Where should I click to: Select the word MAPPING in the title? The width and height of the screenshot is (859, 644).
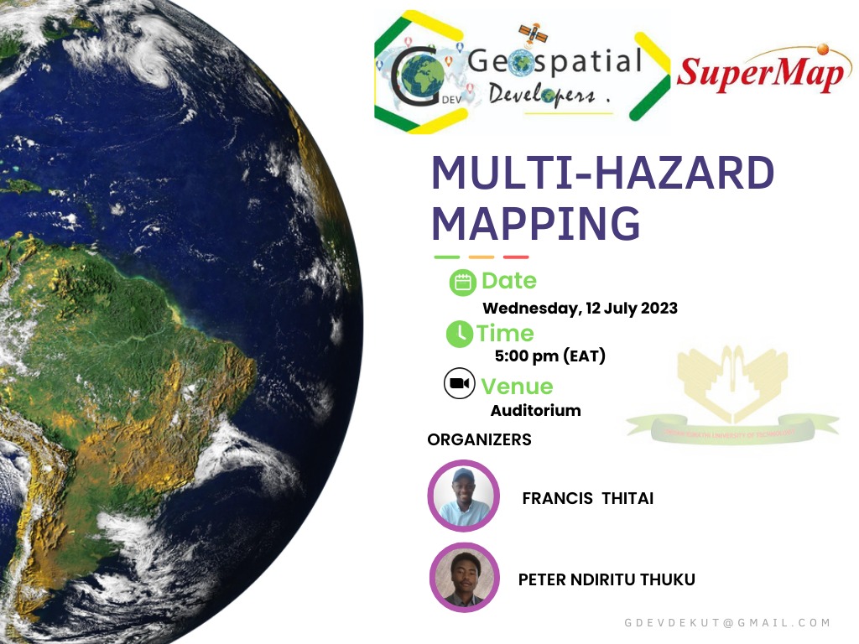pyautogui.click(x=535, y=222)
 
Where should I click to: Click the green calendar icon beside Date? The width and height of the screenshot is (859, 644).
pyautogui.click(x=462, y=283)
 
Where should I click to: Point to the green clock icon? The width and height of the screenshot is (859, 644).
pyautogui.click(x=459, y=334)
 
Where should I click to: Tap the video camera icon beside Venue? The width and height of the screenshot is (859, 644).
pyautogui.click(x=458, y=384)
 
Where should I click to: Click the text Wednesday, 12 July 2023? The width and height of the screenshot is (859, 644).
pyautogui.click(x=580, y=308)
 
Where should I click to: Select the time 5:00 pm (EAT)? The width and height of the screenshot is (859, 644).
pyautogui.click(x=549, y=356)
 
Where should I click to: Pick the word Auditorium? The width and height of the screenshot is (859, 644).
pyautogui.click(x=535, y=410)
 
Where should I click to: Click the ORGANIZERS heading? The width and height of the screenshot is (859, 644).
pyautogui.click(x=479, y=439)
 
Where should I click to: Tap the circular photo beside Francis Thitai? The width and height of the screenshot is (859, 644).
pyautogui.click(x=463, y=496)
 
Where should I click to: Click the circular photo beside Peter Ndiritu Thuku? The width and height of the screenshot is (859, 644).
pyautogui.click(x=464, y=577)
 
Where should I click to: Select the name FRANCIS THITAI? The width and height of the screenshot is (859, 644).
pyautogui.click(x=587, y=499)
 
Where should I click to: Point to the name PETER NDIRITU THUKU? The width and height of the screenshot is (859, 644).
pyautogui.click(x=606, y=579)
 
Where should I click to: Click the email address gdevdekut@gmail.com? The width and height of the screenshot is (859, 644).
pyautogui.click(x=726, y=622)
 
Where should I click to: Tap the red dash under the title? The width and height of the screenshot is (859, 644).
pyautogui.click(x=516, y=257)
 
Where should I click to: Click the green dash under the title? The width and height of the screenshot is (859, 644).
pyautogui.click(x=447, y=257)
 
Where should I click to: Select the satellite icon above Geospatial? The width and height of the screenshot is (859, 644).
pyautogui.click(x=532, y=34)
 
